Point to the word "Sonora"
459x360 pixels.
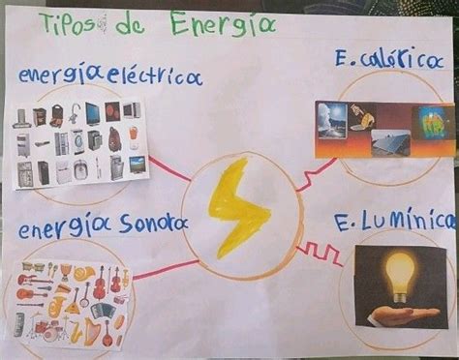[x=154, y=225]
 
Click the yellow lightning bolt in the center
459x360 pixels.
[x=236, y=205]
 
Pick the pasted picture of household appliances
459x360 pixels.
[x=79, y=143]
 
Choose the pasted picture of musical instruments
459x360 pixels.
[x=72, y=302]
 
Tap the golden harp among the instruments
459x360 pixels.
[x=106, y=333]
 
